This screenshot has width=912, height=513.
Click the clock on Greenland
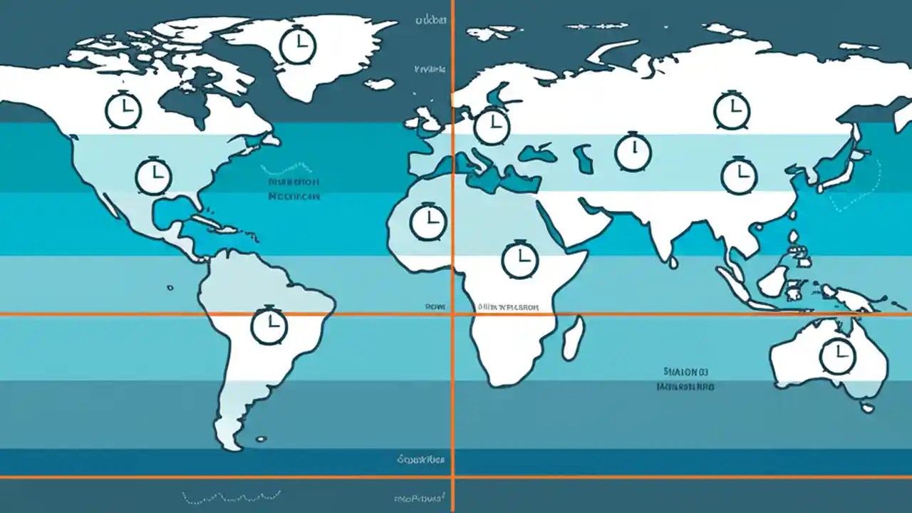[x=298, y=46]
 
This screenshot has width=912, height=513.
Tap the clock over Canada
[x=124, y=110]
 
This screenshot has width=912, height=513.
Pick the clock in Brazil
[x=269, y=326]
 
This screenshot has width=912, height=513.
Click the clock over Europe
[x=492, y=126]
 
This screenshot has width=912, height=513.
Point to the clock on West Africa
[x=428, y=221]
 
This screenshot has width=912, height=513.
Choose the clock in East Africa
[x=520, y=259]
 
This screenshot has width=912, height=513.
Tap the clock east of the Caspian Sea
[x=633, y=152]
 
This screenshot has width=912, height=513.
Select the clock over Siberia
[x=732, y=110]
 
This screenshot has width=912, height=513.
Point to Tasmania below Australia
[x=867, y=408]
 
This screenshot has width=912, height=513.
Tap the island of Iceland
[x=379, y=84]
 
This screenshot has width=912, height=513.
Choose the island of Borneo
[x=772, y=281]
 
